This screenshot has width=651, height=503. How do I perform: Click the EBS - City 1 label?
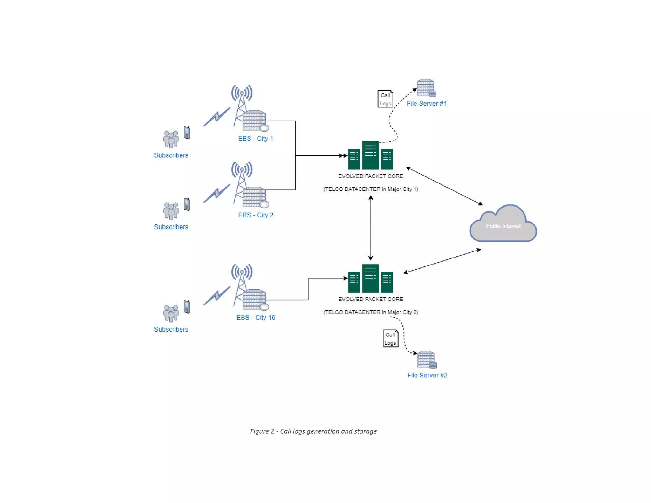256,139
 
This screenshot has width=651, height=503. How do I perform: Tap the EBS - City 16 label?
256,318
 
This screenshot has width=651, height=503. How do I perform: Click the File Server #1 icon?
426,88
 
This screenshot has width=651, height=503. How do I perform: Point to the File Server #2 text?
427,375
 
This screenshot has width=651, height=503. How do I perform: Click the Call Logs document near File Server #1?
385,99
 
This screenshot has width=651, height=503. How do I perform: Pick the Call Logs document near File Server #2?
390,339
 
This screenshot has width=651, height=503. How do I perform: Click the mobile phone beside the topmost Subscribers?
187,133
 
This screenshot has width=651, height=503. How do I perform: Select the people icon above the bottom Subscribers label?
171,313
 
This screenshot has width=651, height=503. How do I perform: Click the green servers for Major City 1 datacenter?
370,156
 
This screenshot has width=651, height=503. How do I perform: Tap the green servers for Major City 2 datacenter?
370,279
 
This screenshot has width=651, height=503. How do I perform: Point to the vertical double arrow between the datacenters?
371,228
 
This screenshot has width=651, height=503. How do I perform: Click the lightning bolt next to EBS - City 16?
217,296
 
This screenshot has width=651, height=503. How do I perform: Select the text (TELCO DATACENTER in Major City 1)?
371,189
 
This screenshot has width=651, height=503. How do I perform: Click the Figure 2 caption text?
313,431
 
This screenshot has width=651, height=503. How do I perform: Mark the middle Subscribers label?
171,227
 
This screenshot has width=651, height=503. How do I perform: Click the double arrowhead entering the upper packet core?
343,156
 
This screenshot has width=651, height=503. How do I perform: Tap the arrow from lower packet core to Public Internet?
442,261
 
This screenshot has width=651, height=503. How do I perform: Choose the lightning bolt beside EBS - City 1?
217,117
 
